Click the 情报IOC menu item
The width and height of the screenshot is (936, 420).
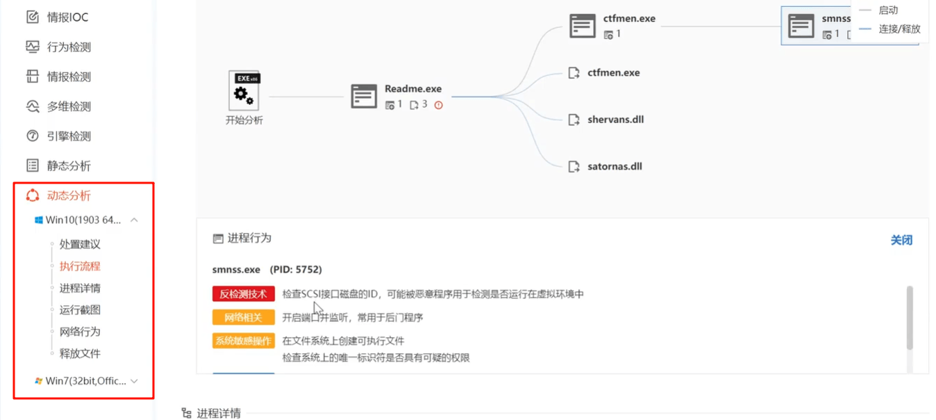(57, 17)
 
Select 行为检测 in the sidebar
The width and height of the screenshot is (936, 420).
(58, 47)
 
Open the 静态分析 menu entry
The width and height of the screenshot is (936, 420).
(58, 165)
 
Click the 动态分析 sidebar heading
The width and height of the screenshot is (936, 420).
(58, 195)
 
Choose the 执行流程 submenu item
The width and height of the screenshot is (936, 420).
(80, 266)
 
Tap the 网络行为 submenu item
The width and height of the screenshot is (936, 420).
(80, 332)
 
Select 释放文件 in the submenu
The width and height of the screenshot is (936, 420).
(80, 353)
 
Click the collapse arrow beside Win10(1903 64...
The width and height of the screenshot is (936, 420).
(134, 220)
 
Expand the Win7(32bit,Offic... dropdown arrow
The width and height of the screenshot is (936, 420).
(134, 381)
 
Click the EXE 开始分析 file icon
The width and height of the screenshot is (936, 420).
(244, 90)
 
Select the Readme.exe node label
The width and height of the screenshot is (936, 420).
(413, 89)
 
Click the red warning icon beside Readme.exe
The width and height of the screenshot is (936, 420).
(438, 105)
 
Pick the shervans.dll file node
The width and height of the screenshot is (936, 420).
(606, 120)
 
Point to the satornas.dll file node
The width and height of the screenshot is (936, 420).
(605, 166)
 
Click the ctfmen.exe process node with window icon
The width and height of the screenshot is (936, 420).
(612, 26)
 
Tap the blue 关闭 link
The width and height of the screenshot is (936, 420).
(901, 240)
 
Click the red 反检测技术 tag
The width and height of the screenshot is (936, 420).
(243, 294)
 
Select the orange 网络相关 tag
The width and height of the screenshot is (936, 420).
(243, 318)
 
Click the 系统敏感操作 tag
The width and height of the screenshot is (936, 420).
(243, 341)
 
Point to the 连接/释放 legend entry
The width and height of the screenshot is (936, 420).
(890, 29)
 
